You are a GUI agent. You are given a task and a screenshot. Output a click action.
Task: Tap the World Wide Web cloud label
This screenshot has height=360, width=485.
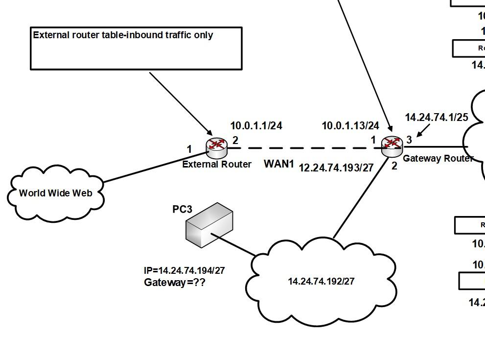click(x=55, y=193)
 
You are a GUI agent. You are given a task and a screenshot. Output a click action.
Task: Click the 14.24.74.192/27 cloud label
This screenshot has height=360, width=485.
click(x=321, y=281)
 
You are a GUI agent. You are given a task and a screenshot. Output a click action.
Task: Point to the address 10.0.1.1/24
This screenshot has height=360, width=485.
click(x=256, y=126)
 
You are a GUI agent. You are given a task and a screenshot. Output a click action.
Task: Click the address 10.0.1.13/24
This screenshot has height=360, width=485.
click(x=350, y=126)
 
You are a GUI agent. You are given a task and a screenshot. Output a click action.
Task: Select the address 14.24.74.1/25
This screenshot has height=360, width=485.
click(x=436, y=118)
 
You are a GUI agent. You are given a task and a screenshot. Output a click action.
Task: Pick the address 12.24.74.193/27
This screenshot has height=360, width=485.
click(x=336, y=168)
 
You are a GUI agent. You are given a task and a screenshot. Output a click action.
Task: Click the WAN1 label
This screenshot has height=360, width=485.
click(x=279, y=164)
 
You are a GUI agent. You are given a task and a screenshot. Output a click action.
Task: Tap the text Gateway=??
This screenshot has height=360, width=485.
click(x=174, y=283)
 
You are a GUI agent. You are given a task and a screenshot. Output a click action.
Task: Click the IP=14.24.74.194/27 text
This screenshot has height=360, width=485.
click(x=184, y=270)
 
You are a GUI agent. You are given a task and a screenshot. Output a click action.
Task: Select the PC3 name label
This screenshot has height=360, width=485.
click(x=182, y=209)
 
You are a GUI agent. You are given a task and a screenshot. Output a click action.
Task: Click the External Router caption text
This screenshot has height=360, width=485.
click(x=217, y=164)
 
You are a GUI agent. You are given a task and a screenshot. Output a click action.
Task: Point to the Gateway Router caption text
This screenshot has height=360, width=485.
click(x=438, y=158)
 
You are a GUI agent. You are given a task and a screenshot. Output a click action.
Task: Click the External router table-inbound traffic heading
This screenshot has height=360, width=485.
click(x=123, y=35)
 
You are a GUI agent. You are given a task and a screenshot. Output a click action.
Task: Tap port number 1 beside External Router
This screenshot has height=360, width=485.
click(x=189, y=149)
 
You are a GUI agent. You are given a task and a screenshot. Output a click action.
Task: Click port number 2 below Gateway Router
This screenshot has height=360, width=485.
click(x=394, y=166)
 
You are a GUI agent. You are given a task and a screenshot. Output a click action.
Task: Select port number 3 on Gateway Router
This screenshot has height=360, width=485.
click(x=409, y=140)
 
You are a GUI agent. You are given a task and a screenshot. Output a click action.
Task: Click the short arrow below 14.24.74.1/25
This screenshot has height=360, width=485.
click(x=422, y=131)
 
